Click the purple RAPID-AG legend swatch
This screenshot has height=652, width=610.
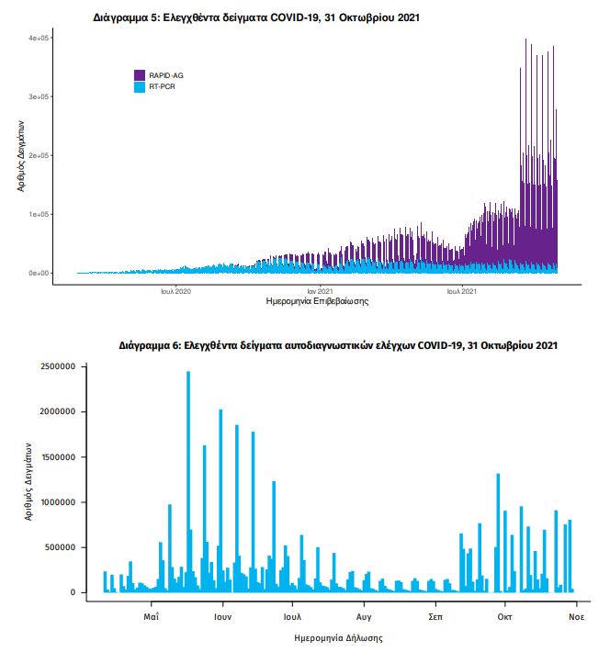[x=140, y=74]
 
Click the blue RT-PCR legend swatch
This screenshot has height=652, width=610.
[x=140, y=86]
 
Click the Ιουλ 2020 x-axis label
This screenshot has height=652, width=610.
[x=175, y=291]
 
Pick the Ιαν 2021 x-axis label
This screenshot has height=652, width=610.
[x=319, y=291]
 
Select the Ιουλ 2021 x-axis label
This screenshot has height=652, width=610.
[x=462, y=291]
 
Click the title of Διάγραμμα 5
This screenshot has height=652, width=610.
[x=256, y=17]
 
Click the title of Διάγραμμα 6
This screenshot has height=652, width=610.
[x=337, y=346]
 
